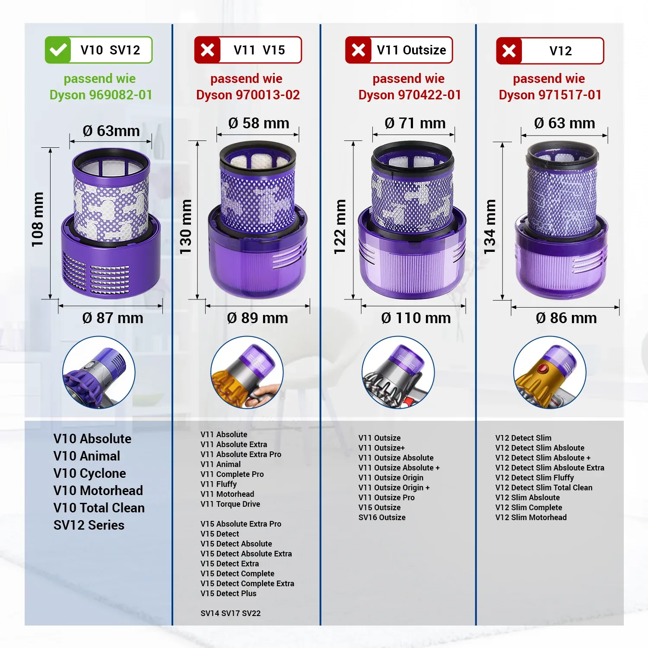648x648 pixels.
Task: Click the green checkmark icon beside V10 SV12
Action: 58,50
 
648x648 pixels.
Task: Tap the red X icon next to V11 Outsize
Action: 358,50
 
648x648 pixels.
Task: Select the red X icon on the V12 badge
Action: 509,51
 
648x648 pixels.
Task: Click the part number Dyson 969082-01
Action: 101,95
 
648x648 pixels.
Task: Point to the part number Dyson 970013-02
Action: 248,95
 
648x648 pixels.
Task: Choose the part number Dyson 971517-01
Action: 550,95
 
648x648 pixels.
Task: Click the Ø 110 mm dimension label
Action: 416,318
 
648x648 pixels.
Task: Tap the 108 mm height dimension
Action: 38,219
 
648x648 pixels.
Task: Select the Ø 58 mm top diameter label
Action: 259,123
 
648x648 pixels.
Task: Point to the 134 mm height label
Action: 489,227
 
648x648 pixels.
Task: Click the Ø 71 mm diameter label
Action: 415,123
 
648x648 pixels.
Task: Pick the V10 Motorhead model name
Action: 98,491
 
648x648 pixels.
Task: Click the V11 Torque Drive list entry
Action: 230,504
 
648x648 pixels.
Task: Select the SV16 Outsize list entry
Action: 382,518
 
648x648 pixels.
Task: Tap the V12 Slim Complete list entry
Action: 529,508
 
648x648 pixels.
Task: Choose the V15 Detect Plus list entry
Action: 229,594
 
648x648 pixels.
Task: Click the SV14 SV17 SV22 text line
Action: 231,613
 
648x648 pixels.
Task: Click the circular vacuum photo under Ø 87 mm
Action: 99,372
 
